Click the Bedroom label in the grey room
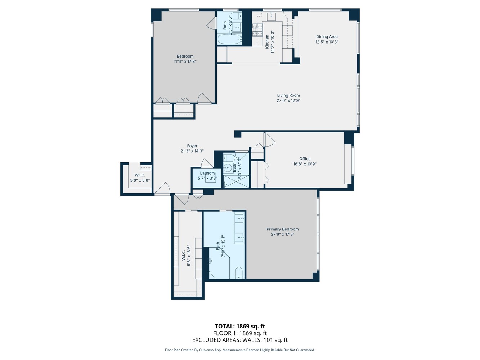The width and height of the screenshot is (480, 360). tap(185, 56)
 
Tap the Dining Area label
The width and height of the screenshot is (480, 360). tap(327, 37)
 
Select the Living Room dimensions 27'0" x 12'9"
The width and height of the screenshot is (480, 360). tap(288, 101)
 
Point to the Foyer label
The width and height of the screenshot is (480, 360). tap(192, 146)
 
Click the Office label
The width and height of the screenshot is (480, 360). tap(305, 159)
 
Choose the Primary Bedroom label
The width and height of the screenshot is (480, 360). tap(282, 229)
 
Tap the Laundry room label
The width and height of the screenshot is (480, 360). tap(207, 173)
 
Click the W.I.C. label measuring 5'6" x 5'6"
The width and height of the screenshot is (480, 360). tap(140, 175)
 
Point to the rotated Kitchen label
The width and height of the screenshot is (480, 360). tap(267, 42)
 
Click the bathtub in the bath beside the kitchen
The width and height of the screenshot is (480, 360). tap(229, 39)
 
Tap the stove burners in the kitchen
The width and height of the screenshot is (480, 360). tap(257, 30)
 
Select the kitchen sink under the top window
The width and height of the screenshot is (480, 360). tap(272, 16)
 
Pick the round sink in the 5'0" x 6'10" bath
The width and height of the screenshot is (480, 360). tap(228, 167)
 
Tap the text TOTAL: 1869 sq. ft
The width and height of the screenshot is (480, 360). tap(240, 327)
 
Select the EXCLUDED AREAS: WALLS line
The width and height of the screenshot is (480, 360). tap(240, 340)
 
